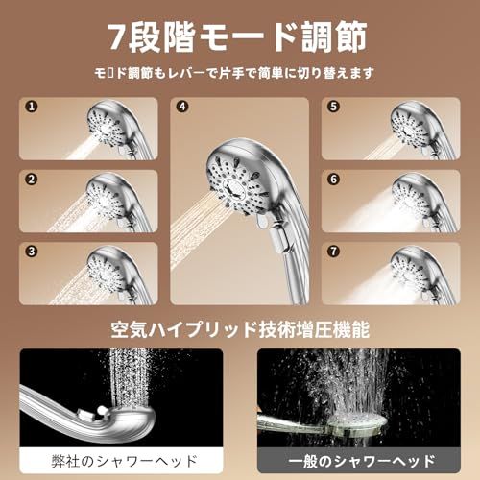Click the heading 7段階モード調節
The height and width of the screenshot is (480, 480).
pyautogui.click(x=240, y=37)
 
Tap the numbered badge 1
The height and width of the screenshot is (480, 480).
pyautogui.click(x=31, y=108)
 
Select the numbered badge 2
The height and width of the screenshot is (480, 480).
pyautogui.click(x=31, y=179)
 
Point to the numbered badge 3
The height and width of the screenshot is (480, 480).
pyautogui.click(x=31, y=252)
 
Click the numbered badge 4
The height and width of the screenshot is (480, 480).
pyautogui.click(x=182, y=108)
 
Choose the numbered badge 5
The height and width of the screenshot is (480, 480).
pyautogui.click(x=333, y=108)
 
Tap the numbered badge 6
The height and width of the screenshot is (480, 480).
pyautogui.click(x=333, y=179)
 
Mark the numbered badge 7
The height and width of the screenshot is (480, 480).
pyautogui.click(x=333, y=252)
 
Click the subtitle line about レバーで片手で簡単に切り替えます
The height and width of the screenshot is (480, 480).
pyautogui.click(x=240, y=73)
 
